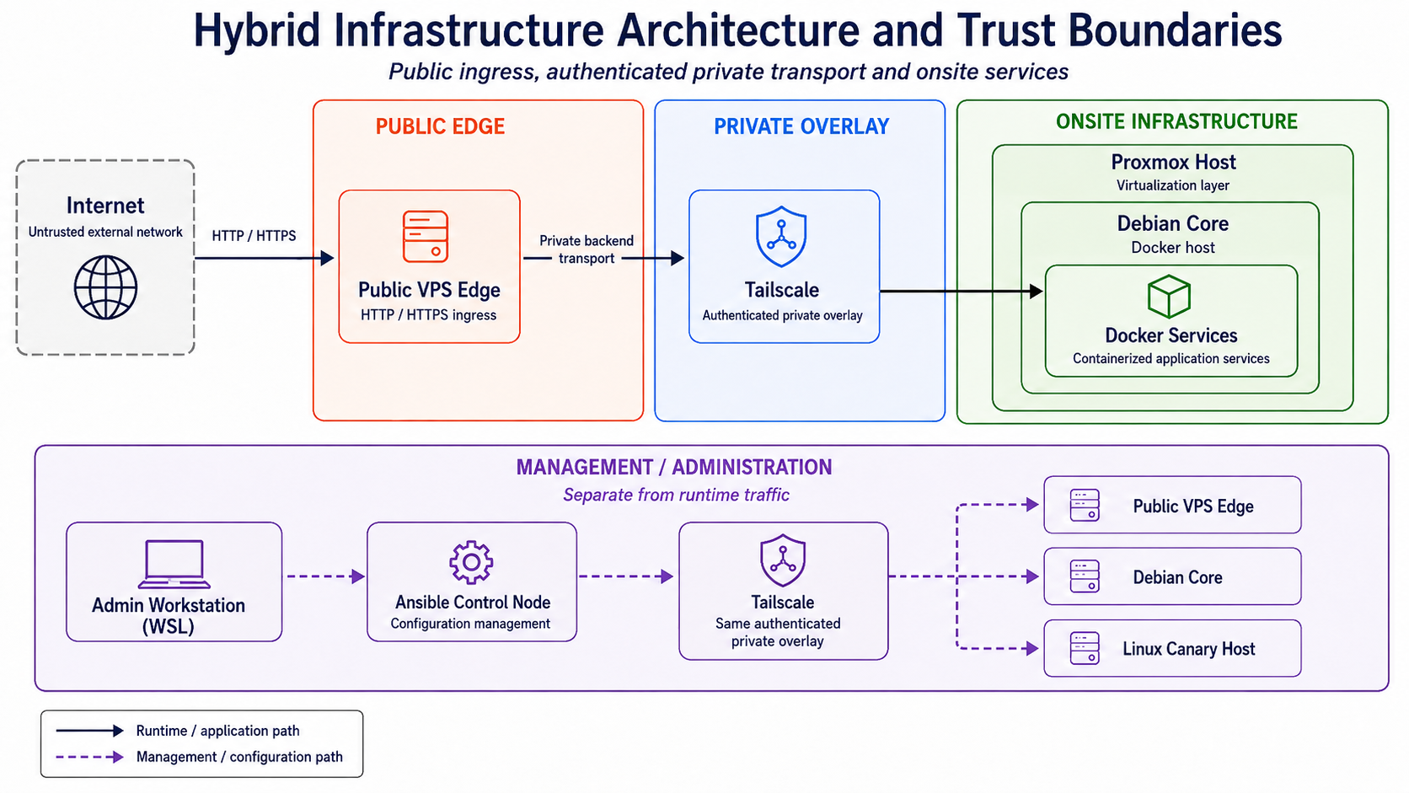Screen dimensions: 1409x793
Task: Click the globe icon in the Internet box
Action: (105, 287)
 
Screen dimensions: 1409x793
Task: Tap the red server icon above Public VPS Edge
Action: (426, 237)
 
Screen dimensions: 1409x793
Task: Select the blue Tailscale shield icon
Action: (781, 237)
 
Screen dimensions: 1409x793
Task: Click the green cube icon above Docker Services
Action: (1169, 296)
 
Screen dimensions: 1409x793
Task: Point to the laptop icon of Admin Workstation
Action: (174, 564)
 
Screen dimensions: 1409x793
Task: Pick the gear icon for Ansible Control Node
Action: (471, 562)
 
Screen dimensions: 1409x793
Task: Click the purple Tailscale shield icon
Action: (783, 560)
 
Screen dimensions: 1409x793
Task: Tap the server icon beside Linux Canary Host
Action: (1085, 648)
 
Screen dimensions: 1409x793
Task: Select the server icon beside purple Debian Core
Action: (1085, 576)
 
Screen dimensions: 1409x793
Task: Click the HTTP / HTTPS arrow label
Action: (254, 236)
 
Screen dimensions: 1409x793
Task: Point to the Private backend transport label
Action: (587, 249)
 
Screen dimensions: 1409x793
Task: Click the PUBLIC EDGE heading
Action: (440, 126)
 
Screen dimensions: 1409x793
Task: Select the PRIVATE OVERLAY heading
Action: (801, 126)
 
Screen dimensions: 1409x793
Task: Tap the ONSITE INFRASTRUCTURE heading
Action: (1176, 121)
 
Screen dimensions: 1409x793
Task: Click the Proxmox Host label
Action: (1173, 163)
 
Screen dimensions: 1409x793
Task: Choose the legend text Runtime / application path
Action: (217, 731)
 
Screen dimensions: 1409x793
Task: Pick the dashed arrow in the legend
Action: (90, 757)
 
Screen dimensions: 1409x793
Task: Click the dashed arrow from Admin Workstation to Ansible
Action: (326, 576)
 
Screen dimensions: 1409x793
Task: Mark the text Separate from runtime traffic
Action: (676, 495)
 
